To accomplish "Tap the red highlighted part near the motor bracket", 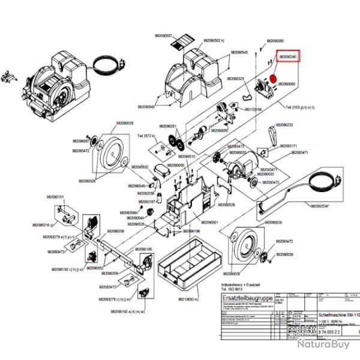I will click(272, 79).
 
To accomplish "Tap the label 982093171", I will click(289, 146).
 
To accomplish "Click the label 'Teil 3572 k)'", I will click(146, 137).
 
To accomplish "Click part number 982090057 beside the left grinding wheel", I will click(81, 141).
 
